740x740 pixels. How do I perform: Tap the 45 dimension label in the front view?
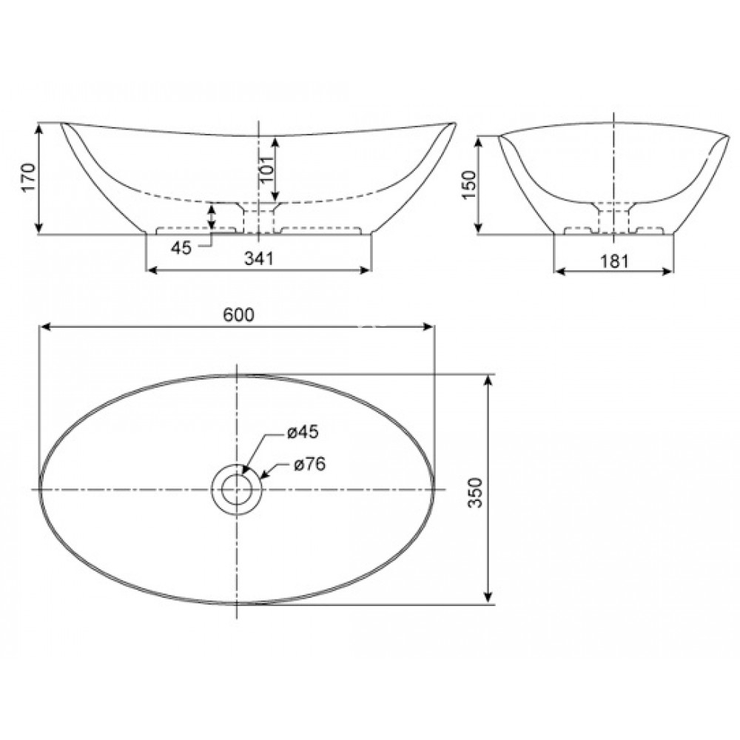[x=181, y=248]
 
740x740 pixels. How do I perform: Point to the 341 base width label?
[x=259, y=258]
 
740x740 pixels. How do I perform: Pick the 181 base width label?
[x=613, y=260]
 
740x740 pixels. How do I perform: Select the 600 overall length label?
[x=238, y=314]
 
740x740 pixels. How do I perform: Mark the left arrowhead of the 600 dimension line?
[x=44, y=326]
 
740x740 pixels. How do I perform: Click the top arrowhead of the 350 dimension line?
[x=488, y=380]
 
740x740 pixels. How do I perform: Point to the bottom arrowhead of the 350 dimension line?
[x=488, y=599]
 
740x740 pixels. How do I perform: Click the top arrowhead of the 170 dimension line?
[x=39, y=128]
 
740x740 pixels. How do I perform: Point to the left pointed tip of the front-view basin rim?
[x=62, y=123]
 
